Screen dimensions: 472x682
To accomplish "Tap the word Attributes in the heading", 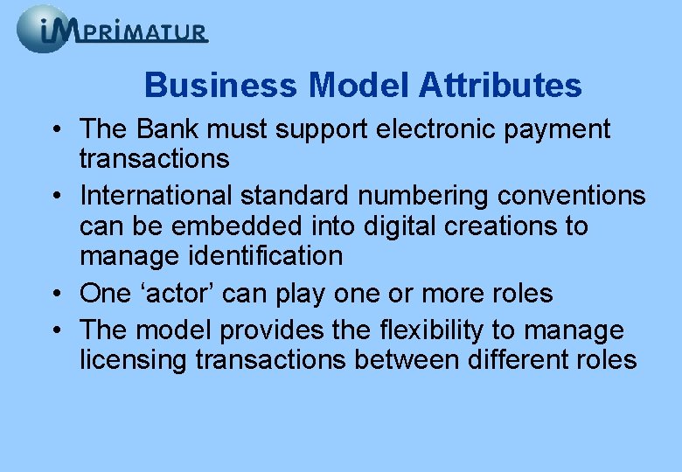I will click(x=500, y=86).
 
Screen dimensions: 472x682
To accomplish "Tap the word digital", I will click(x=398, y=226).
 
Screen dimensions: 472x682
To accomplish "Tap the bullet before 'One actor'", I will click(x=55, y=295).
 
